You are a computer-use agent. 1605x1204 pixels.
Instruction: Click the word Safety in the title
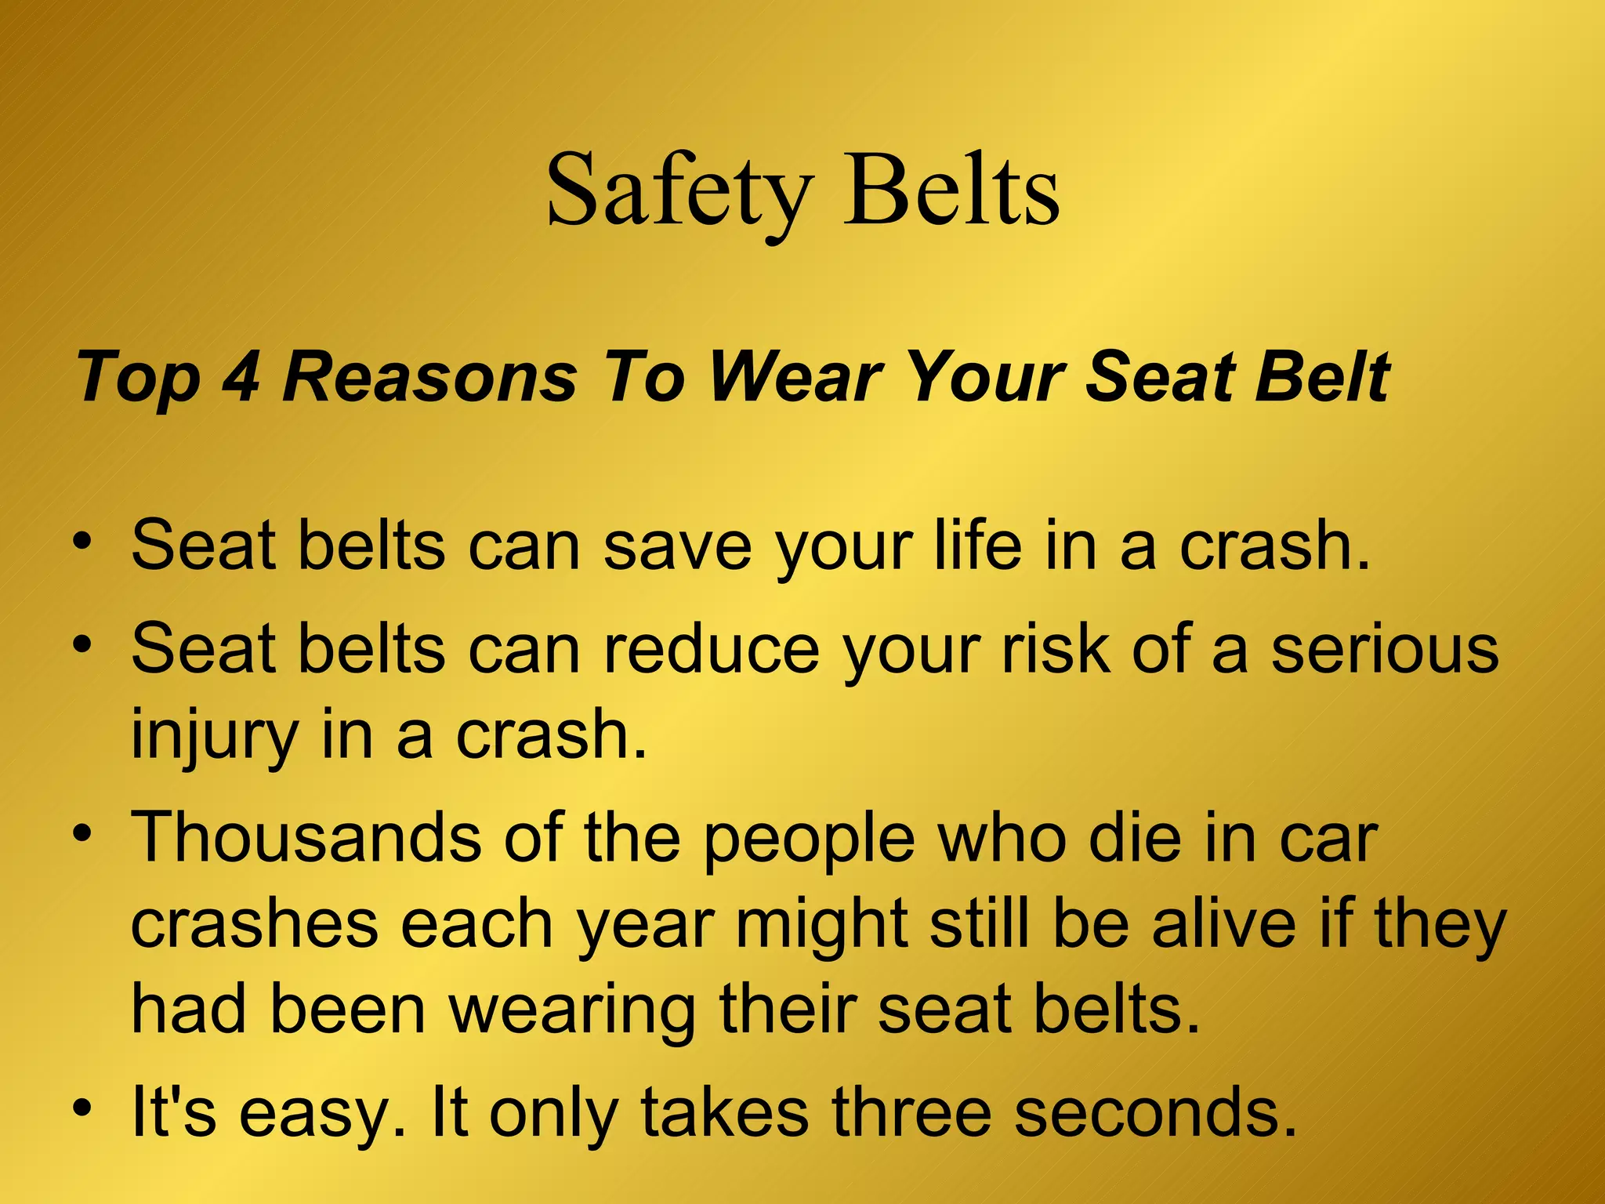pos(679,190)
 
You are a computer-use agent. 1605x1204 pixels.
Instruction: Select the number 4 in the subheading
pos(241,377)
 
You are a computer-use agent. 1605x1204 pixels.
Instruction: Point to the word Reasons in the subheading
pos(429,377)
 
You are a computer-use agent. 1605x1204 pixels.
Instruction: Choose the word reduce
pos(711,649)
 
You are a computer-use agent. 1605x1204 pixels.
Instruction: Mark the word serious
pos(1385,649)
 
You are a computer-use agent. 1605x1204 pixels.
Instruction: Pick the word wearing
pos(571,1010)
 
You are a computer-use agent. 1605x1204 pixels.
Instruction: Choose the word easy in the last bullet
pos(321,1114)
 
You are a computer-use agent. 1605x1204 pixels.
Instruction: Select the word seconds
pos(1155,1112)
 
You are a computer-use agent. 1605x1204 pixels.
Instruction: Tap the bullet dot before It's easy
pos(83,1108)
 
